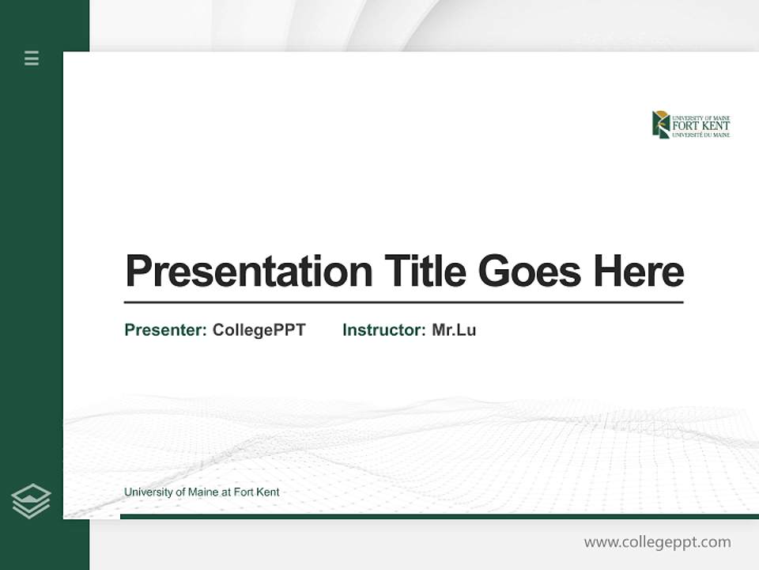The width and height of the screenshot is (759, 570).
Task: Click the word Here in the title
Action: click(x=639, y=272)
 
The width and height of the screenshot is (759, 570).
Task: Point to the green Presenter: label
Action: click(x=165, y=330)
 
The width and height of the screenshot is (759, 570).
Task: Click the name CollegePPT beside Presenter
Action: click(x=259, y=330)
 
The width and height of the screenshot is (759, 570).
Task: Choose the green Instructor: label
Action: click(x=383, y=330)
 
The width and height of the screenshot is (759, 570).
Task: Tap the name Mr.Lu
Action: click(x=454, y=330)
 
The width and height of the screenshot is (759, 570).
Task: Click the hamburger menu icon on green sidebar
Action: click(x=32, y=58)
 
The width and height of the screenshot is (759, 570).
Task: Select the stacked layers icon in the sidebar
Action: click(x=31, y=501)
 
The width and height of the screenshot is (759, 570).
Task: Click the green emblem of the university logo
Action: click(x=660, y=124)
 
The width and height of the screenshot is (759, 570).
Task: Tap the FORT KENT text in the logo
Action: click(x=700, y=126)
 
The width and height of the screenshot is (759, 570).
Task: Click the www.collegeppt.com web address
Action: click(x=657, y=542)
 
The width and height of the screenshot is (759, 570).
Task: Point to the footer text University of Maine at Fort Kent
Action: click(x=202, y=492)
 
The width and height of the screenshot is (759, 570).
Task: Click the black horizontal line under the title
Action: click(x=403, y=302)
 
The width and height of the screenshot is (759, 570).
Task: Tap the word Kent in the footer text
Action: click(x=268, y=492)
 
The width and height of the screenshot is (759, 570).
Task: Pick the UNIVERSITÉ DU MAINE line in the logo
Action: click(x=700, y=135)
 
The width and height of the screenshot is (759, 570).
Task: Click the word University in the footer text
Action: click(x=147, y=492)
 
